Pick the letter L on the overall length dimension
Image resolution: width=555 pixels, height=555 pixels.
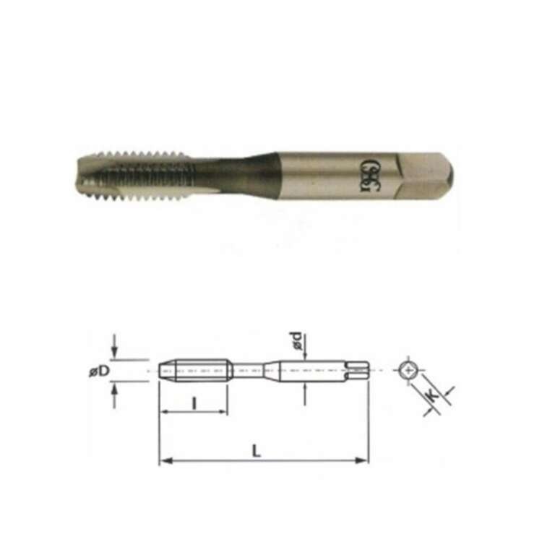pyautogui.click(x=257, y=450)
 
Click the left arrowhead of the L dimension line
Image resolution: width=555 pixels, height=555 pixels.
pyautogui.click(x=163, y=460)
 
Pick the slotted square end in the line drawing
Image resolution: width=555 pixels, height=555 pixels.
pyautogui.click(x=358, y=369)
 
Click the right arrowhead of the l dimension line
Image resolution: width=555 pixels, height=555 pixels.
pyautogui.click(x=225, y=413)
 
